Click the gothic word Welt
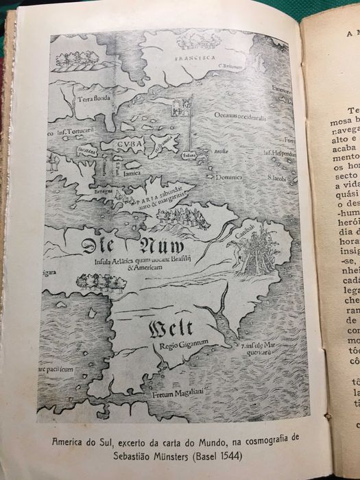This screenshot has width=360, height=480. pyautogui.click(x=170, y=330)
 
